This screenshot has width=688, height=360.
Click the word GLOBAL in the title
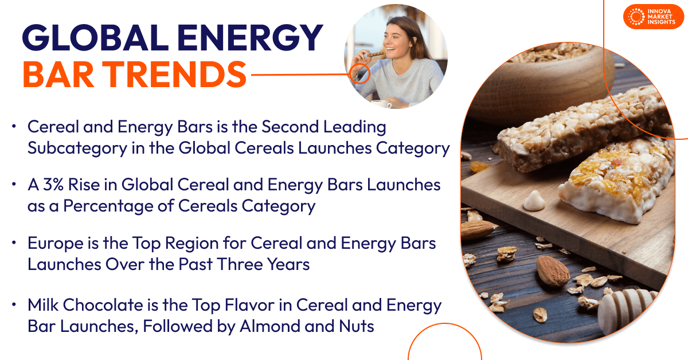[95, 37]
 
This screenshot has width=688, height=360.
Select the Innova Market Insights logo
[653, 17]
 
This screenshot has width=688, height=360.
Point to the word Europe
[55, 243]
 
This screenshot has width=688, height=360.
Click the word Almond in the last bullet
[270, 326]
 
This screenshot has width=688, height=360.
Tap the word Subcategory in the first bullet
[77, 148]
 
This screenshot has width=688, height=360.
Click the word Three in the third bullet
[239, 264]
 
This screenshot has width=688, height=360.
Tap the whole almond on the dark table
[553, 271]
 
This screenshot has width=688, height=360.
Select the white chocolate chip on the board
[534, 201]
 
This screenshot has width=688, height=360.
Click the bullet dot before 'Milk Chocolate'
[14, 305]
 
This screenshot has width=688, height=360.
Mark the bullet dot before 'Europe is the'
[14, 242]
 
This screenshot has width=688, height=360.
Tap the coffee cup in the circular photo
[381, 104]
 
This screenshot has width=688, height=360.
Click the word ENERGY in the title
[250, 37]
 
